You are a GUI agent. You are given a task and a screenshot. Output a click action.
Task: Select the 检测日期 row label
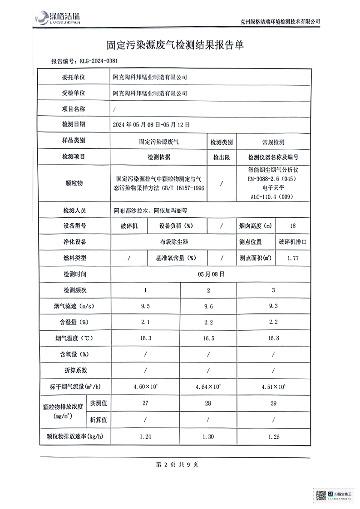74,124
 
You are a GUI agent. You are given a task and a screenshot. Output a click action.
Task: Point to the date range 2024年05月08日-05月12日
151,124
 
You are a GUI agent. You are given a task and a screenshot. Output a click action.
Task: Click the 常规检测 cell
270,142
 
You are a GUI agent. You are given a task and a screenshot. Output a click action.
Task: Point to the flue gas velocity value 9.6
208,306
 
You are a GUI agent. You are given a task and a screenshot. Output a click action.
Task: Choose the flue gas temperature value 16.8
273,338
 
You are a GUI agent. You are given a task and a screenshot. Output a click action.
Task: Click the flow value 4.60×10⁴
145,387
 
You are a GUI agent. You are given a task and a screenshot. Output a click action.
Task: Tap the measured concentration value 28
208,403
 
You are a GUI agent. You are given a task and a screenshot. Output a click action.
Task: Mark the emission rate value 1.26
273,436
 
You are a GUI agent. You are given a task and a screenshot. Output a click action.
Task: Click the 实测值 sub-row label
98,403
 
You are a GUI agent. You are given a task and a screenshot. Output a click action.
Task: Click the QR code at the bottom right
321,495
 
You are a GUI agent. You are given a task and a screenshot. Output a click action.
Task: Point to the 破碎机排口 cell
293,242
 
